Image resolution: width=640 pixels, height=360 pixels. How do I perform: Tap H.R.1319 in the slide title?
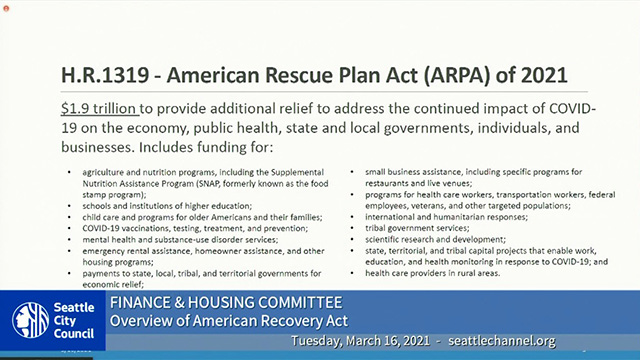click(x=99, y=74)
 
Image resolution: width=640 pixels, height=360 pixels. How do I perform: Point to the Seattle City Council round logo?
click(x=30, y=319)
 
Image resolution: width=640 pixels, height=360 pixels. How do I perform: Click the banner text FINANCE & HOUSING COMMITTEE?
click(x=225, y=302)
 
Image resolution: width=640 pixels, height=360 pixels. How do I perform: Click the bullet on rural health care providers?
click(x=432, y=272)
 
